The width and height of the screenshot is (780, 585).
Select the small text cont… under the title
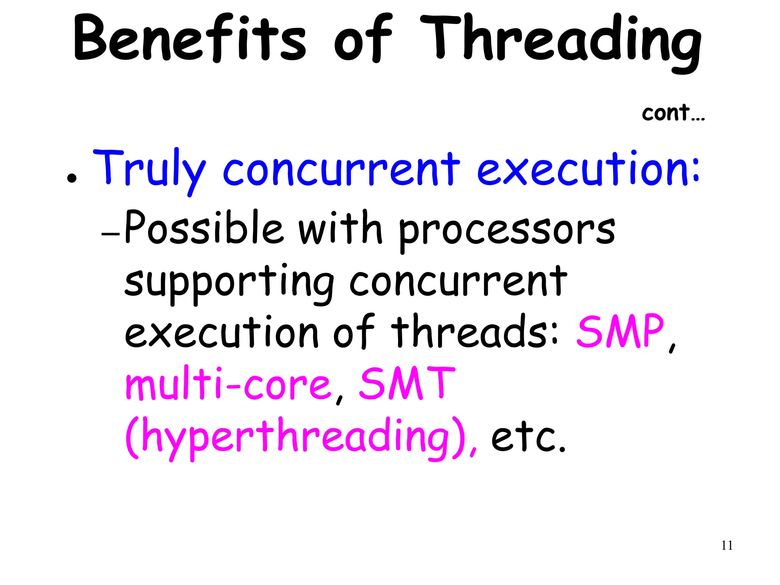[673, 113]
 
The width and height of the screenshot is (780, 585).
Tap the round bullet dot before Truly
[71, 178]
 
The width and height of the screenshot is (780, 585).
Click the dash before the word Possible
[110, 234]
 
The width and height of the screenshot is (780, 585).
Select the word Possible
[204, 227]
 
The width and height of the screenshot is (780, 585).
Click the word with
[340, 227]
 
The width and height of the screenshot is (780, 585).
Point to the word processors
[507, 230]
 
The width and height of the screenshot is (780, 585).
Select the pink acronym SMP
[620, 331]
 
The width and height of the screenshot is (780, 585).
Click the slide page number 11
[727, 545]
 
